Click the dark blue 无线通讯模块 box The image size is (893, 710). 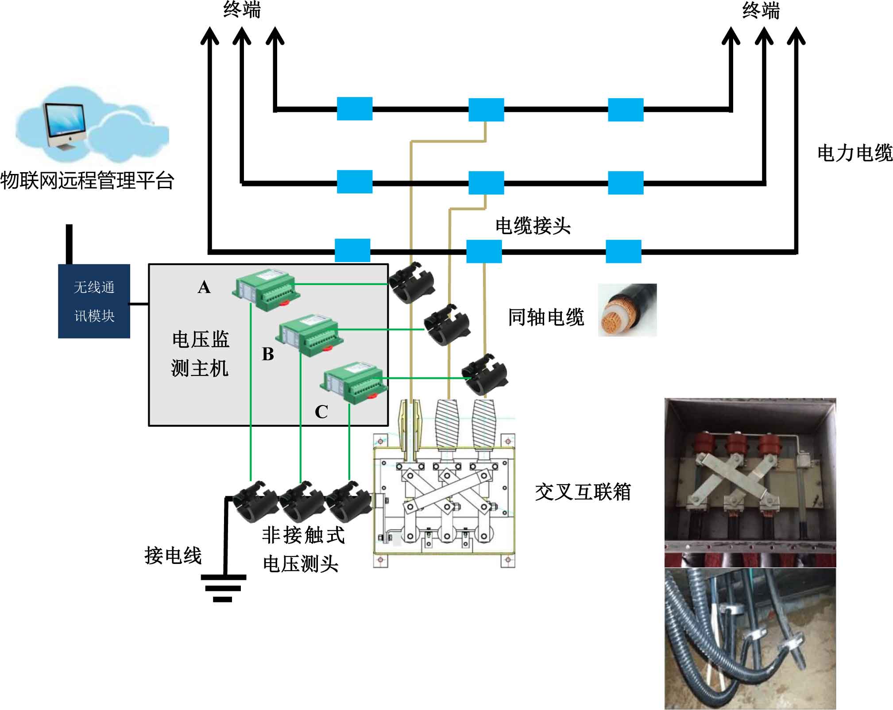pos(94,301)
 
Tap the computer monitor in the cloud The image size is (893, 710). pos(65,126)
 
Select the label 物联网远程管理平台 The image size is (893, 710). pos(87,181)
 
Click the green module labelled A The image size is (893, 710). pos(266,289)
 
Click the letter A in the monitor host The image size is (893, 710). pos(204,287)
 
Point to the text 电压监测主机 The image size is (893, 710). pos(200,354)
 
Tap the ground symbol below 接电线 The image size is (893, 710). pos(223,588)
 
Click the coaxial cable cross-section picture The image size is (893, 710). pos(627,310)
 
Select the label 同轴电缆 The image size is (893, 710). pos(546,317)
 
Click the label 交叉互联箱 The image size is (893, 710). pos(583,492)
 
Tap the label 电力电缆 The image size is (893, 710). pos(854,153)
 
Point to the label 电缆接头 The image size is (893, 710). pos(533,226)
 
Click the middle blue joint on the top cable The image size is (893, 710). pos(486,110)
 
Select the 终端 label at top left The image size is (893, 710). pos(242,10)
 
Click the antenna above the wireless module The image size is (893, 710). pos(69,244)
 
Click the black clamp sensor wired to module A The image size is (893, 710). pos(411,283)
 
